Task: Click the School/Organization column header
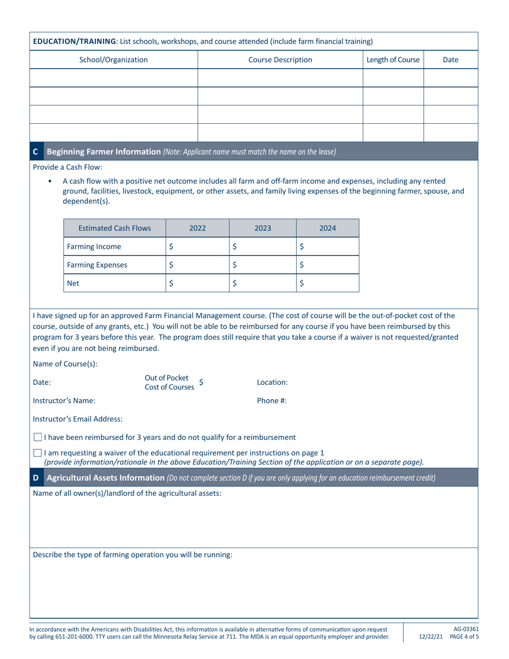pos(114,59)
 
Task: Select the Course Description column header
pos(280,59)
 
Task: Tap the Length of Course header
pos(393,59)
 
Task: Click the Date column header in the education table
pos(450,59)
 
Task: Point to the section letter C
pos(35,152)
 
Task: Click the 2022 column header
pos(198,228)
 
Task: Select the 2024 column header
pos(327,228)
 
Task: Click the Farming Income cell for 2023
pos(263,246)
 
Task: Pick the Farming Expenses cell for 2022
pos(198,265)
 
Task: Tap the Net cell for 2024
pos(327,283)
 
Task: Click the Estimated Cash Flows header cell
pos(115,228)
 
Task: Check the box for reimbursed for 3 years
pos(38,437)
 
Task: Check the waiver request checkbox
pos(38,453)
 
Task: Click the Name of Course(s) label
pos(65,364)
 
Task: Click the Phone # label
pos(272,400)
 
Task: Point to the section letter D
pos(35,478)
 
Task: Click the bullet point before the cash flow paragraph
pos(50,182)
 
